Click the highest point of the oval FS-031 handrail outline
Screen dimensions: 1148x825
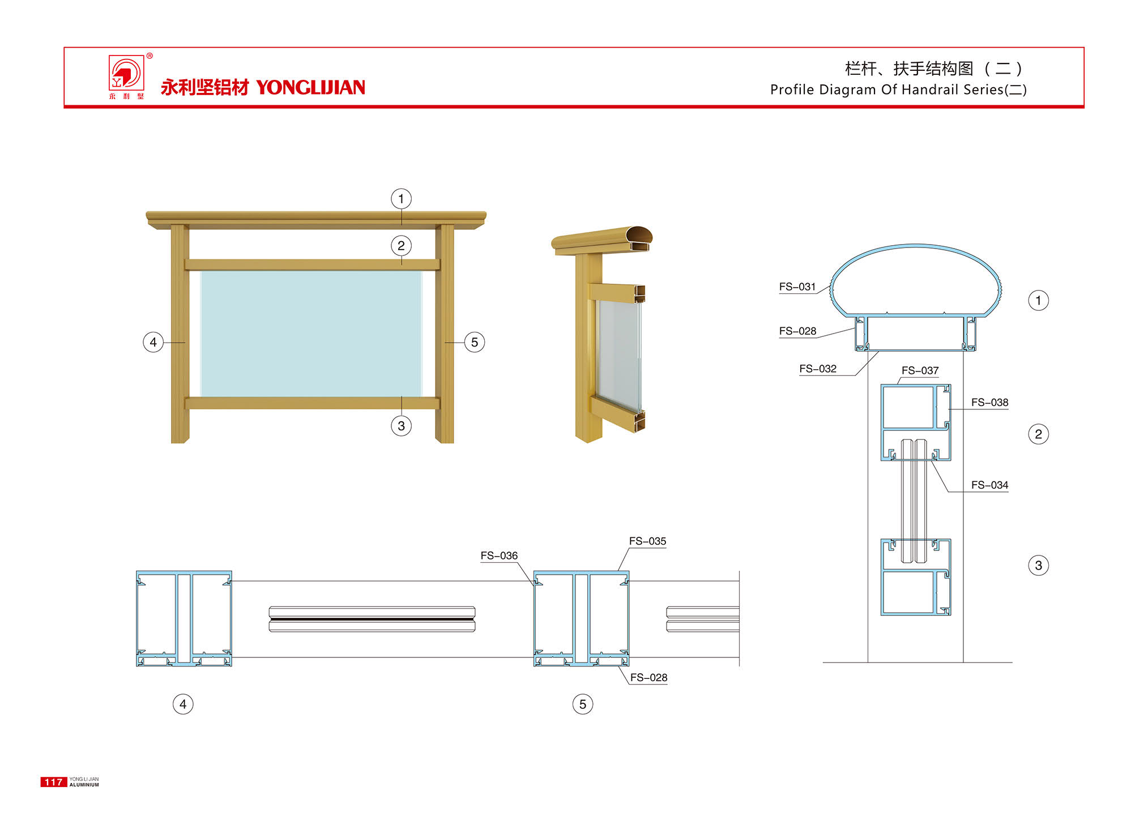916,245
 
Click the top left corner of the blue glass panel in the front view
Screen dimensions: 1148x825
200,271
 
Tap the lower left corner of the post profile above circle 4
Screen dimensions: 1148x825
136,666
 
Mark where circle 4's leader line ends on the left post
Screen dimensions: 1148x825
185,343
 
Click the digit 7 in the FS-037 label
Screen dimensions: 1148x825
936,370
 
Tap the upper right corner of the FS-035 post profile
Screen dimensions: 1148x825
629,571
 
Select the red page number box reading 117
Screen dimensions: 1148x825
53,782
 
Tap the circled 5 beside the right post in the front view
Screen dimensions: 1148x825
475,342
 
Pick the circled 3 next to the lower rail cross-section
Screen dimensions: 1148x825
1038,565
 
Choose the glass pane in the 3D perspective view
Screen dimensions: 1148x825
619,356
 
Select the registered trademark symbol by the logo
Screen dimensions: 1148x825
150,55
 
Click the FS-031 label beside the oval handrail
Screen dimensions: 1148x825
797,287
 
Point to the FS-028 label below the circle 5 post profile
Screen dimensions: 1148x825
648,678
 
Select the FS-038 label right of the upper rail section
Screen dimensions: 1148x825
989,403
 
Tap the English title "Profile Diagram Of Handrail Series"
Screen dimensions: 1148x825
887,89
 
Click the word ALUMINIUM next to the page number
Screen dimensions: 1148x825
84,785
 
